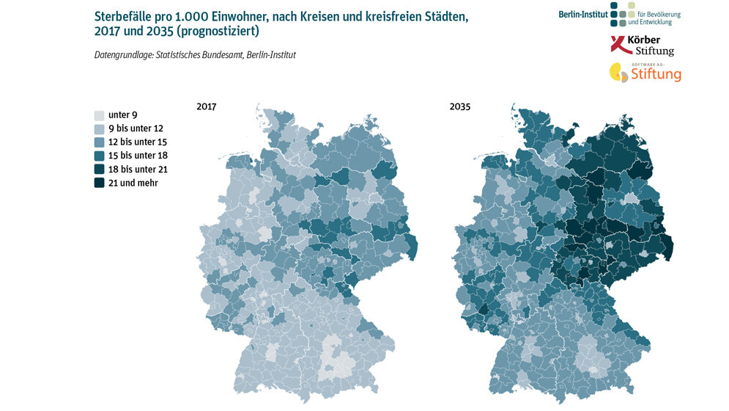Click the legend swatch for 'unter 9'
[100, 115]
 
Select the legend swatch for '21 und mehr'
[100, 183]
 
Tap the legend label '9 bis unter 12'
[136, 128]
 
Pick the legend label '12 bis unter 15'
[138, 142]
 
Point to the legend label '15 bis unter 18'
[138, 156]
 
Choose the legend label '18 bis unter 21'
[138, 170]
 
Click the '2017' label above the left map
[207, 107]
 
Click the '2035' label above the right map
[460, 107]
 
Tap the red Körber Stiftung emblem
[619, 45]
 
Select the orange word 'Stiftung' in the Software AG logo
[656, 75]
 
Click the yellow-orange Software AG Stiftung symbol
[619, 72]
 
